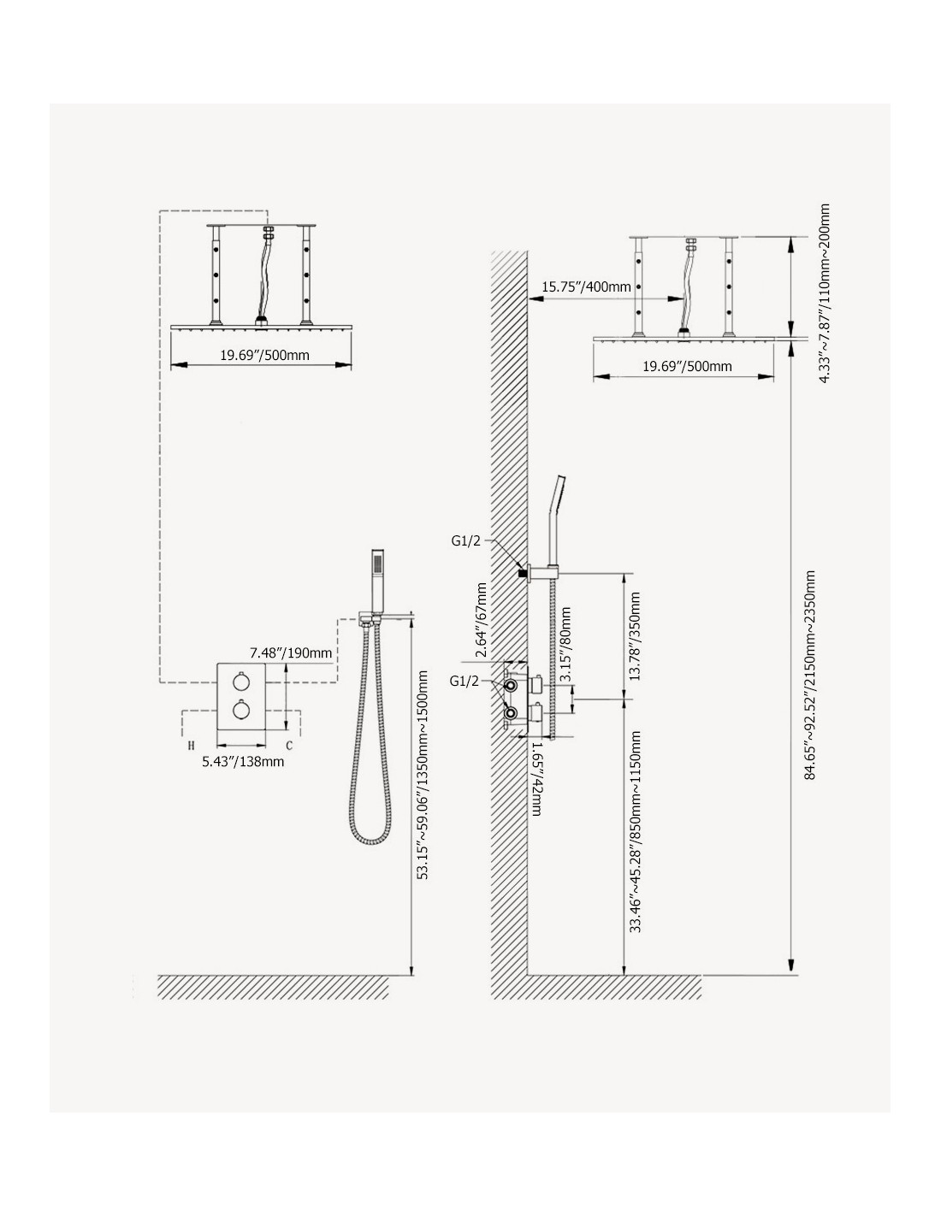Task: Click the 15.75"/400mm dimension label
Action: [x=585, y=286]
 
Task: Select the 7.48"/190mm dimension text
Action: [x=291, y=652]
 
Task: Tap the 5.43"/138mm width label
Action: [x=243, y=761]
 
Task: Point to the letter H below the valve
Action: [x=191, y=746]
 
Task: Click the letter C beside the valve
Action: [x=289, y=746]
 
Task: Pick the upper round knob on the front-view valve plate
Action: [x=241, y=682]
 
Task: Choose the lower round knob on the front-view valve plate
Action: [x=241, y=711]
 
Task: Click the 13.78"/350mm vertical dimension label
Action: [x=634, y=636]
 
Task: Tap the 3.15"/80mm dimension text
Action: [x=565, y=644]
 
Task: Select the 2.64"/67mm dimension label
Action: [x=481, y=620]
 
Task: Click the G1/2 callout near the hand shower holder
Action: [x=465, y=541]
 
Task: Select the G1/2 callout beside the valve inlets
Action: [x=465, y=681]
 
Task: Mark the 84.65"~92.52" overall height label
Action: [x=810, y=675]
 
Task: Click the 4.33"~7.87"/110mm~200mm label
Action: [x=824, y=292]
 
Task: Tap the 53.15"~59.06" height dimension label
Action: [x=423, y=775]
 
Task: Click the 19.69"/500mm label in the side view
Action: [x=687, y=366]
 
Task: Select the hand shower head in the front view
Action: [x=378, y=579]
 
